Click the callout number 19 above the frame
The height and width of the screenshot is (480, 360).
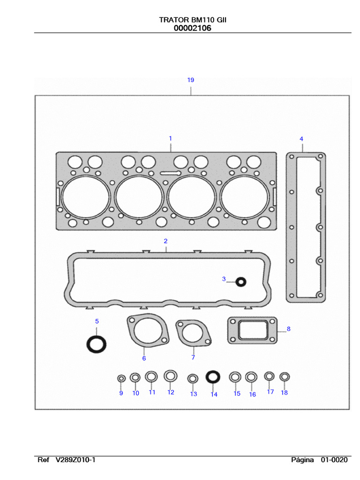pyautogui.click(x=190, y=80)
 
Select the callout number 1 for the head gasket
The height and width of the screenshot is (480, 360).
pyautogui.click(x=170, y=138)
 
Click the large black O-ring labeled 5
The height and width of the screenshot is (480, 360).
pyautogui.click(x=96, y=344)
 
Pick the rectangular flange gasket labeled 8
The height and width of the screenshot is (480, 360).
pyautogui.click(x=252, y=330)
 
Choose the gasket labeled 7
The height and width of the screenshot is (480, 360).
pyautogui.click(x=193, y=334)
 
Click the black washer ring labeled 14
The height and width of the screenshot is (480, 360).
pyautogui.click(x=213, y=377)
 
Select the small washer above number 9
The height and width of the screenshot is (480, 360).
pyautogui.click(x=121, y=378)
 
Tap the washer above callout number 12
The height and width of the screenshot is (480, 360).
pyautogui.click(x=171, y=375)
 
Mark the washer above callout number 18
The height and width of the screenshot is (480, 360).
pyautogui.click(x=284, y=376)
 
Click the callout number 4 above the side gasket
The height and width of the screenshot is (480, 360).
pyautogui.click(x=301, y=139)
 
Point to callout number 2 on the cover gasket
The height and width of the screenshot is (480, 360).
pyautogui.click(x=165, y=241)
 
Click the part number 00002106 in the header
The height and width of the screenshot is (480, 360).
pyautogui.click(x=192, y=28)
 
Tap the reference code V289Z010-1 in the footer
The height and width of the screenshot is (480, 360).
pyautogui.click(x=75, y=460)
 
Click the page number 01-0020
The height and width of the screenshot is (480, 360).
pyautogui.click(x=334, y=460)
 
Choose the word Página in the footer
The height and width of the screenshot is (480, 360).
pyautogui.click(x=302, y=460)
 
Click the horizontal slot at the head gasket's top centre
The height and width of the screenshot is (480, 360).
pyautogui.click(x=170, y=172)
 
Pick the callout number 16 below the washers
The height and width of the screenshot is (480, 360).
pyautogui.click(x=252, y=394)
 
